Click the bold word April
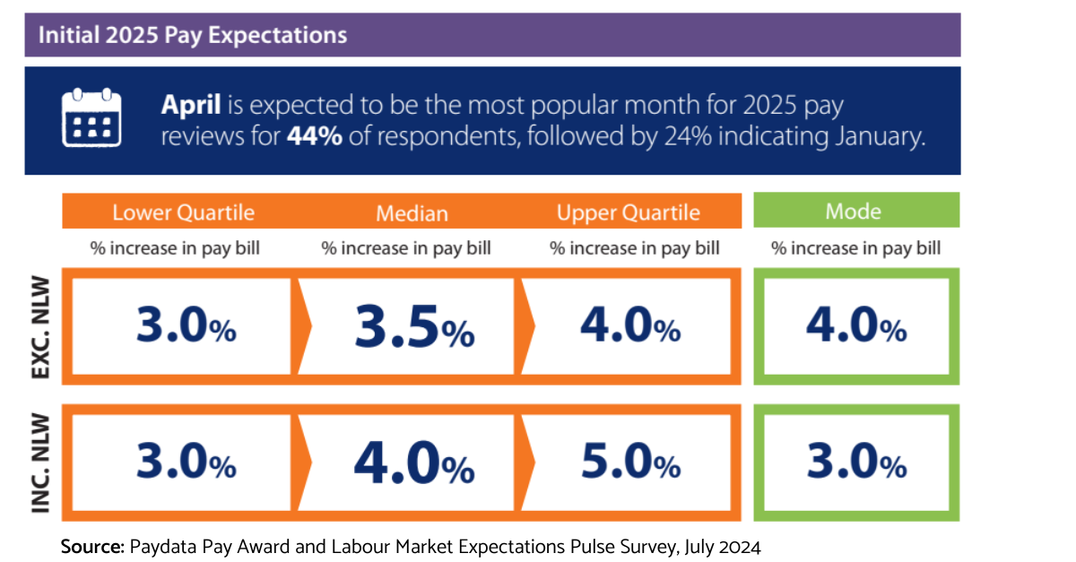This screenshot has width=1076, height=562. click(190, 106)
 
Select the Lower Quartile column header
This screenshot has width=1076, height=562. click(183, 212)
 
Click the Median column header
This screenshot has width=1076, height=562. click(412, 212)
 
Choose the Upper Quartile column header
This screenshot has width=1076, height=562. click(628, 212)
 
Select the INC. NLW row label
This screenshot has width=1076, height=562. click(41, 463)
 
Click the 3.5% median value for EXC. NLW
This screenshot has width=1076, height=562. click(414, 329)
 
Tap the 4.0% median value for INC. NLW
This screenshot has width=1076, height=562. click(414, 463)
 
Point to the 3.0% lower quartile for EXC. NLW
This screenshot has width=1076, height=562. click(186, 328)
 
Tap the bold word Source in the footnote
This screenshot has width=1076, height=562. click(92, 546)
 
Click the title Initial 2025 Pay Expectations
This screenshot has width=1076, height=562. click(192, 36)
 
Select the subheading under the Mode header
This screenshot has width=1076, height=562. click(855, 248)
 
